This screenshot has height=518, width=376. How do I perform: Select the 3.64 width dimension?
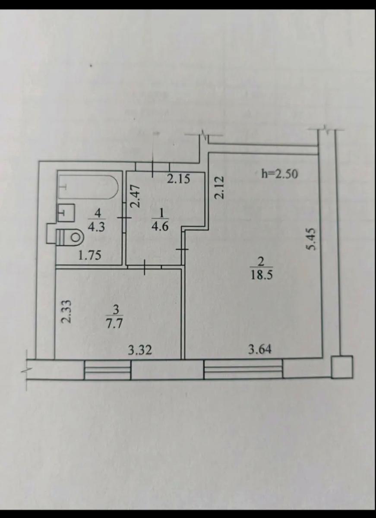[x=260, y=349]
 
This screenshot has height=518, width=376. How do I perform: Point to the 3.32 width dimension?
[x=140, y=350]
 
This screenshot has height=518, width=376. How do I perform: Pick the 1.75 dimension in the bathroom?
[x=90, y=255]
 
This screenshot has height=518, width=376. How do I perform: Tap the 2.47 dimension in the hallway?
[x=136, y=197]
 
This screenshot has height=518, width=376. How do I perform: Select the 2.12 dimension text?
[x=219, y=187]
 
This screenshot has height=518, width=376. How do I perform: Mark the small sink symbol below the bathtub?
[x=66, y=212]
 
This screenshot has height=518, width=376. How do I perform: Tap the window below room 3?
[x=107, y=370]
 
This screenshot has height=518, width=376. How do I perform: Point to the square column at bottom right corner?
[x=342, y=367]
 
